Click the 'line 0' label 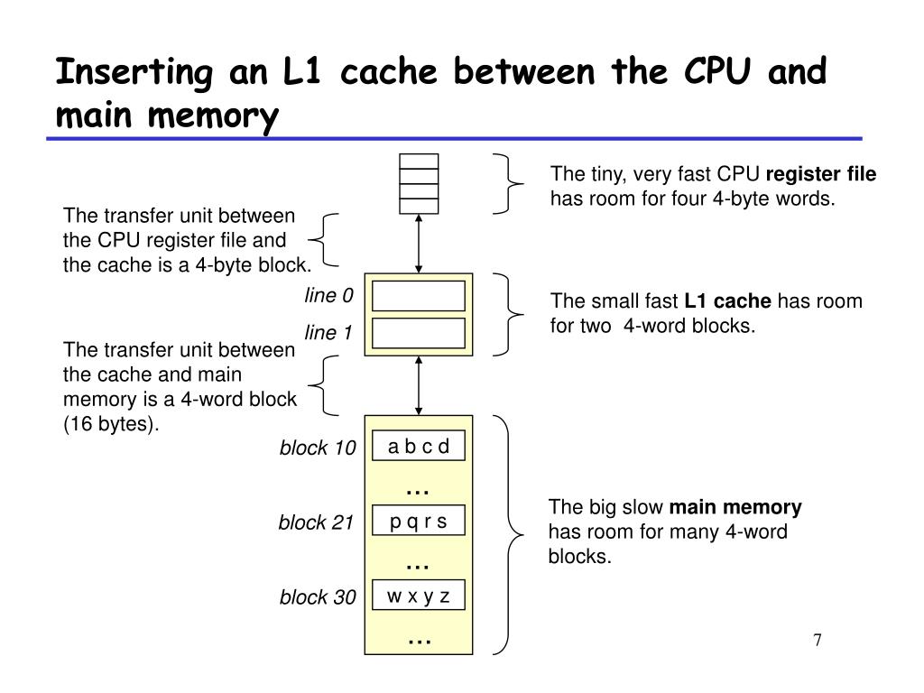328,297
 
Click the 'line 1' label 328,334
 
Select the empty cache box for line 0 419,296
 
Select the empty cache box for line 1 419,333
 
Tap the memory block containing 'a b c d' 419,447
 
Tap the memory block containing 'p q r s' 419,522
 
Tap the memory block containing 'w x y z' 419,596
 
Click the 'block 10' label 318,448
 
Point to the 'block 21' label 316,522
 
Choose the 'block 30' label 318,597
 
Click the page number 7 817,641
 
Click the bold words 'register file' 821,174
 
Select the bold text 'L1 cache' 727,301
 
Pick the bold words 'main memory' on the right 735,507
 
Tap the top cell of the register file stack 419,162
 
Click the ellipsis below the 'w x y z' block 419,640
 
